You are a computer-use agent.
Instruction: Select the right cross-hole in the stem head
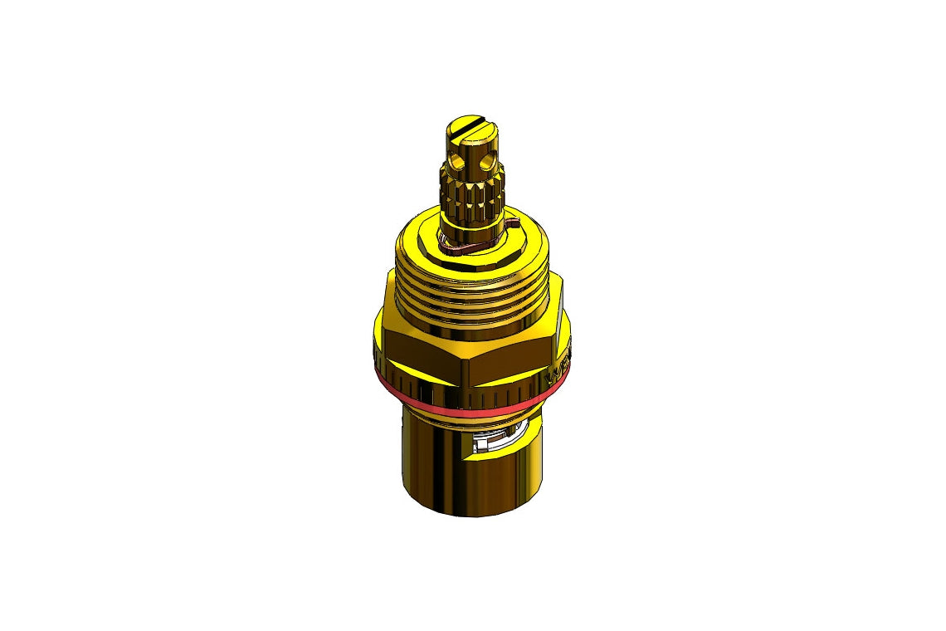coord(490,158)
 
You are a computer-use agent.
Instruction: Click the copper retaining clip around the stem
coord(465,246)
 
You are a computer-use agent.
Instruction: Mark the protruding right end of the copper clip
coord(511,222)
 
